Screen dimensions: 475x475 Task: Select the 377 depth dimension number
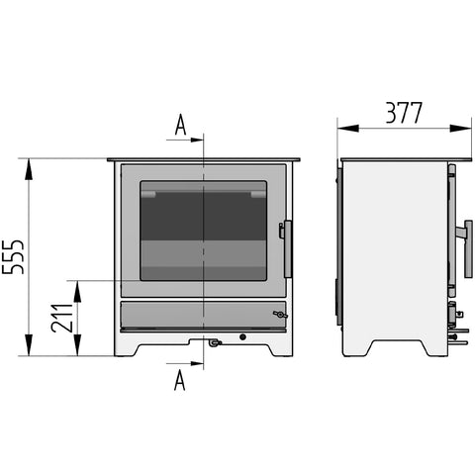(403, 113)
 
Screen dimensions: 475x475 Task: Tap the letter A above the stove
(180, 125)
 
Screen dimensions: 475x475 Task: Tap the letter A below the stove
(180, 381)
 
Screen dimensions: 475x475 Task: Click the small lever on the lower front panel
(280, 315)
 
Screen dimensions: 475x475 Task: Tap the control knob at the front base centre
(214, 342)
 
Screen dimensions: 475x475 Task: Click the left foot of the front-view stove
(127, 347)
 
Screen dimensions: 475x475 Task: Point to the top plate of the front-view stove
(204, 159)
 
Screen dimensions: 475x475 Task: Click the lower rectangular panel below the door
(203, 316)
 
